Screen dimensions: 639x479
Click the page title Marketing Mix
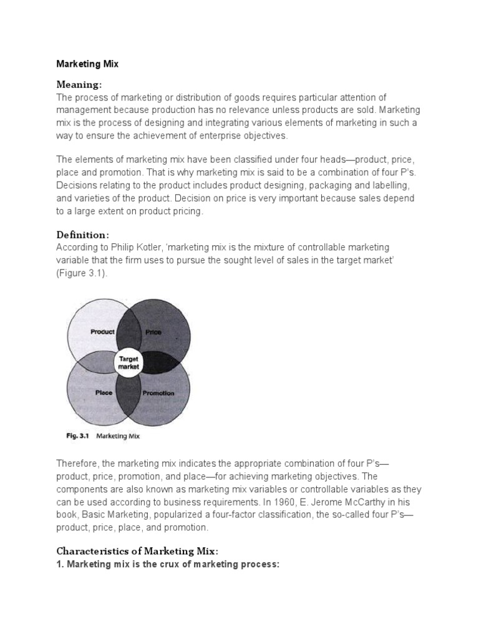point(89,64)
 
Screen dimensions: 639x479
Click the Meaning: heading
point(79,84)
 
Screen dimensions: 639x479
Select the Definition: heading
point(83,235)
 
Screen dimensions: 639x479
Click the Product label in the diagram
point(102,332)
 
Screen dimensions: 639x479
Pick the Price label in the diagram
point(153,333)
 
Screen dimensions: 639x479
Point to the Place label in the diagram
point(103,393)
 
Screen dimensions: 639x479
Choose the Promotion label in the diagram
point(158,394)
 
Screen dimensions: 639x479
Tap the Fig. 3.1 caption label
point(79,437)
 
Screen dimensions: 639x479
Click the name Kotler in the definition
point(145,247)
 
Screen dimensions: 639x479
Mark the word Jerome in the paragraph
point(356,502)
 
